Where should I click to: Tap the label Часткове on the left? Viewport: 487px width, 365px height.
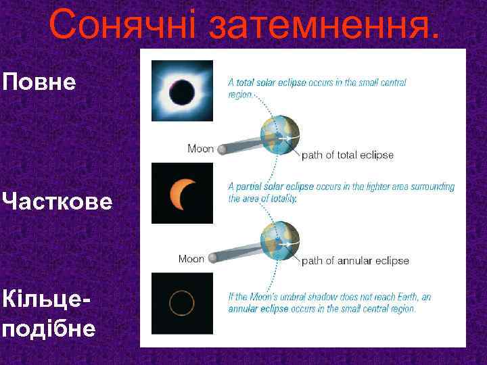[x=57, y=201]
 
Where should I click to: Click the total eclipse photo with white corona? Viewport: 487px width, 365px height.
[x=182, y=90]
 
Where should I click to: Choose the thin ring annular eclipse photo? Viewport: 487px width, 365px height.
[x=182, y=303]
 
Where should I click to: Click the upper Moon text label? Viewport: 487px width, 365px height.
[x=200, y=149]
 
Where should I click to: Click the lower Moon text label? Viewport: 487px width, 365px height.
[x=191, y=258]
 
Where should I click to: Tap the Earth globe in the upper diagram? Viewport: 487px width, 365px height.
[x=279, y=136]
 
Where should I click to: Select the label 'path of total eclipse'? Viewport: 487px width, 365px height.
[x=347, y=155]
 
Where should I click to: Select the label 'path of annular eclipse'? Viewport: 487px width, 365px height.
[x=354, y=260]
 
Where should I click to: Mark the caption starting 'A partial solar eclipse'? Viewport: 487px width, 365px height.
[x=341, y=193]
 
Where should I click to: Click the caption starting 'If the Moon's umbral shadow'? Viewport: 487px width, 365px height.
[x=329, y=303]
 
